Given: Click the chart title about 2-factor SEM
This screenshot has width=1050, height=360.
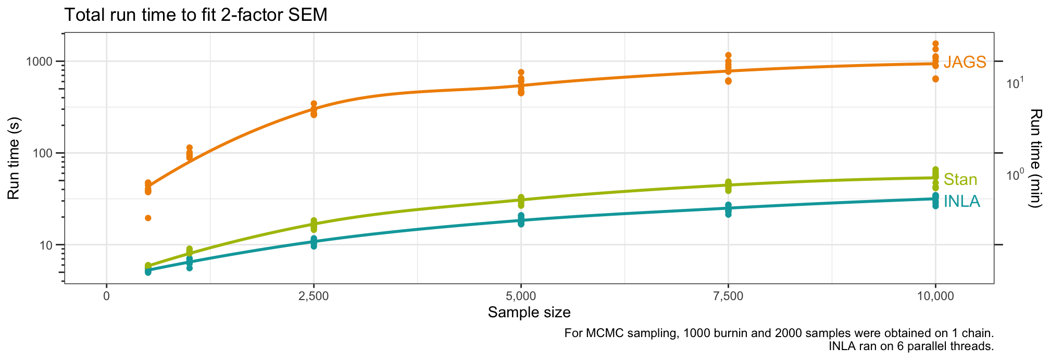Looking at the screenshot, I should tap(195, 15).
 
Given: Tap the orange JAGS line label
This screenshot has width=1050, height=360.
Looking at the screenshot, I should tap(965, 63).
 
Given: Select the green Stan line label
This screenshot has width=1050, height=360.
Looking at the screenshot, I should tap(960, 180).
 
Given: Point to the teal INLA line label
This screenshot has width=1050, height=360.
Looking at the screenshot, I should tap(961, 201).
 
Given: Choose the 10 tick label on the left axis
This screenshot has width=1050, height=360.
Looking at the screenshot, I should tap(48, 245).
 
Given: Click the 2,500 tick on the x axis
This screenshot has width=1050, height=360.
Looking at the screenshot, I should tap(314, 296).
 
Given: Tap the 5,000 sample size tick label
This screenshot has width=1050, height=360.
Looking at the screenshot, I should tap(521, 296).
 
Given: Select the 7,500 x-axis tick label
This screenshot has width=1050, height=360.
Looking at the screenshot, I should tap(728, 296).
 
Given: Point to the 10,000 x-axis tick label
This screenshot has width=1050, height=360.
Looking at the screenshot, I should tap(935, 296).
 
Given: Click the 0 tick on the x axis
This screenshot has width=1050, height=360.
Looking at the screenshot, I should tap(107, 296).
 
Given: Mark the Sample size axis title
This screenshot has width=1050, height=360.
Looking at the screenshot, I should tap(529, 313).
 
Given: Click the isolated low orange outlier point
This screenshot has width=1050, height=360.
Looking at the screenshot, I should tap(148, 218).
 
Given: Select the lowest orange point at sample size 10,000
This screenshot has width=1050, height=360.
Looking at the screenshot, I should tap(935, 79).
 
